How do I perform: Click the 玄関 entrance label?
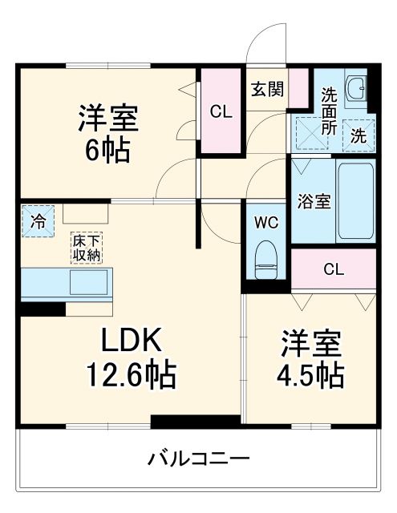click(x=266, y=89)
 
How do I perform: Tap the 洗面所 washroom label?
click(x=329, y=111)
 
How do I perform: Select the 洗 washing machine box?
click(x=359, y=135)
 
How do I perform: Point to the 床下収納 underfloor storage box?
click(x=88, y=248)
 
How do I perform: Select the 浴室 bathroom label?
click(x=314, y=201)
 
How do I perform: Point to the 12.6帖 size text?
click(x=132, y=374)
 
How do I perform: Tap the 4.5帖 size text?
click(x=312, y=374)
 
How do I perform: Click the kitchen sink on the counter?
click(x=90, y=283)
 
